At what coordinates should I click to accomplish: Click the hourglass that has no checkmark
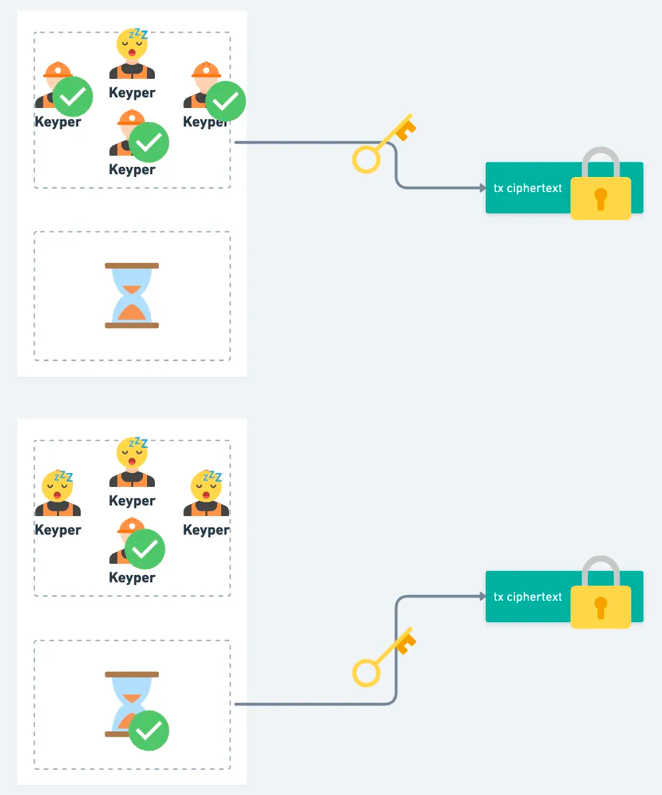click(132, 295)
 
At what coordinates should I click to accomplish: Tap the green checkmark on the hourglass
click(149, 730)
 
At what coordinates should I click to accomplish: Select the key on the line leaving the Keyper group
click(383, 144)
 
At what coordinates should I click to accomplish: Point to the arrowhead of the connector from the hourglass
click(483, 597)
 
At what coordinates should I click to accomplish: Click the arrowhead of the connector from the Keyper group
click(483, 188)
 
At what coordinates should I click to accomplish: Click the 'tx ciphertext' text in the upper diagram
click(528, 188)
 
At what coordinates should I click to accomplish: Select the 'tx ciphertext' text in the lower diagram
click(528, 597)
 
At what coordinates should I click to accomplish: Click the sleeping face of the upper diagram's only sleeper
click(131, 46)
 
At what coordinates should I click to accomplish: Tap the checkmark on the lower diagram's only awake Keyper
click(145, 549)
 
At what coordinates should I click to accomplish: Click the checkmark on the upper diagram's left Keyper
click(73, 96)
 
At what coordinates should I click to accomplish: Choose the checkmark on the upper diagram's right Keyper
click(226, 101)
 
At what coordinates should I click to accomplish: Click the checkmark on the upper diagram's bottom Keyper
click(149, 142)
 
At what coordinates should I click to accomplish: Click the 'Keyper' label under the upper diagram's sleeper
click(132, 93)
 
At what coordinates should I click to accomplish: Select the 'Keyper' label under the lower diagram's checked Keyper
click(132, 578)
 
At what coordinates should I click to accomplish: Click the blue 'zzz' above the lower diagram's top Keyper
click(138, 443)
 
